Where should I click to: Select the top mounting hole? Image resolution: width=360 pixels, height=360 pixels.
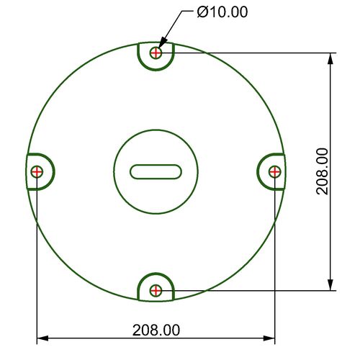coord(156,53)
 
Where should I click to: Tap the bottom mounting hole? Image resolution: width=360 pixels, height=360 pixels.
coord(156,290)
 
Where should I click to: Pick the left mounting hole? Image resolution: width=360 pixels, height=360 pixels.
coord(37,171)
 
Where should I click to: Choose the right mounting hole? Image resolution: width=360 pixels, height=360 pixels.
coord(274,171)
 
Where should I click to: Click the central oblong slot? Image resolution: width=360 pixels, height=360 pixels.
coord(156,171)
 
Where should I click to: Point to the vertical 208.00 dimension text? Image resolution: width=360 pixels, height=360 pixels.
coord(322,171)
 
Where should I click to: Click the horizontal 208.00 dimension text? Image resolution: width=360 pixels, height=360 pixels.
coord(156,330)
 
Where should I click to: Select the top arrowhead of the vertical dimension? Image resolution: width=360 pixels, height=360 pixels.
coord(331,58)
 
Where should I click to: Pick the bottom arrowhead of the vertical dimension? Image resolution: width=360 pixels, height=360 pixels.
coord(331,285)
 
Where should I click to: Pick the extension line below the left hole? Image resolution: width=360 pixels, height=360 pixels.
coord(37,274)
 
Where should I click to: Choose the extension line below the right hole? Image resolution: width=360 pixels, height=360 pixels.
coord(274,274)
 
